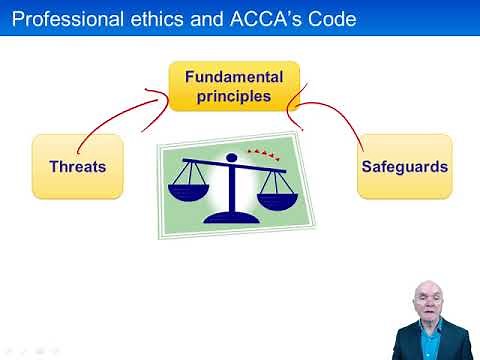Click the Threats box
[78, 166]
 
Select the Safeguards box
[405, 166]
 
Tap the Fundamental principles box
[234, 86]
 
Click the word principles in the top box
[234, 96]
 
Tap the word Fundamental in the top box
[234, 77]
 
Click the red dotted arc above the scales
[266, 154]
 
